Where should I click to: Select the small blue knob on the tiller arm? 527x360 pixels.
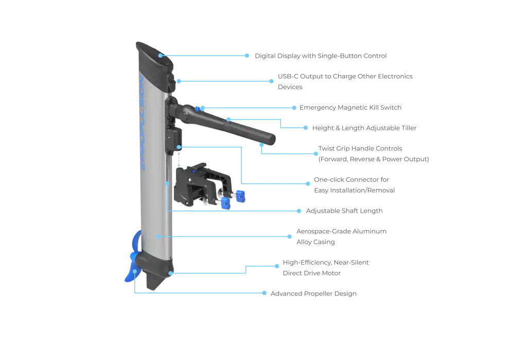click(200, 108)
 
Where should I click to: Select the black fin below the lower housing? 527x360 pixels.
click(154, 281)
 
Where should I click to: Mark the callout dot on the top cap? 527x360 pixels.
click(161, 55)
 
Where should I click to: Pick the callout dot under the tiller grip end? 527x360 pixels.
click(262, 146)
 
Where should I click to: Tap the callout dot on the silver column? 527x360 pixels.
click(158, 236)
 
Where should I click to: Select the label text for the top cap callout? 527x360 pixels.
click(321, 55)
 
